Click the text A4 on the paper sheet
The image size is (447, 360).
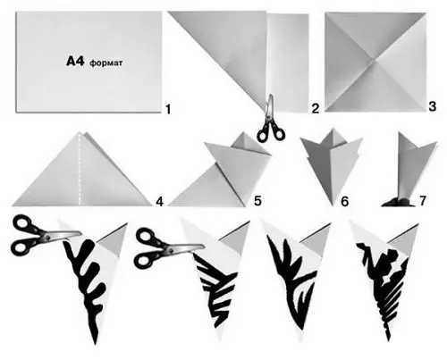tap(74, 62)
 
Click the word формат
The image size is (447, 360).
tap(105, 63)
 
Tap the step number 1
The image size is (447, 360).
tap(168, 109)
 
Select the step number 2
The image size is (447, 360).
tap(316, 108)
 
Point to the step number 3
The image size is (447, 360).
tap(432, 106)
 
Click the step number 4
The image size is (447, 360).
tap(160, 202)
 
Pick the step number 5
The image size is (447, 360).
tap(257, 201)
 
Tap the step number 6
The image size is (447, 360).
tap(344, 202)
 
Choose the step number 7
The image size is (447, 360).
tap(422, 201)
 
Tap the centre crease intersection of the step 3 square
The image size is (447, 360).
tap(375, 60)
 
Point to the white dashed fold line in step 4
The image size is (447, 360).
tap(80, 169)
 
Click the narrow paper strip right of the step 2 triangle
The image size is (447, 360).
tap(287, 63)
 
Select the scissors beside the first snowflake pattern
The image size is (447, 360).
tap(45, 235)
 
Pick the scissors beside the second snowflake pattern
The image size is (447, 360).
tap(168, 248)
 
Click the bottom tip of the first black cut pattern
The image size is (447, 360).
tap(96, 343)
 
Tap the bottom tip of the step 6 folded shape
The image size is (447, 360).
tap(333, 205)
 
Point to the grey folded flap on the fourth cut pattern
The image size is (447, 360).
tap(406, 240)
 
